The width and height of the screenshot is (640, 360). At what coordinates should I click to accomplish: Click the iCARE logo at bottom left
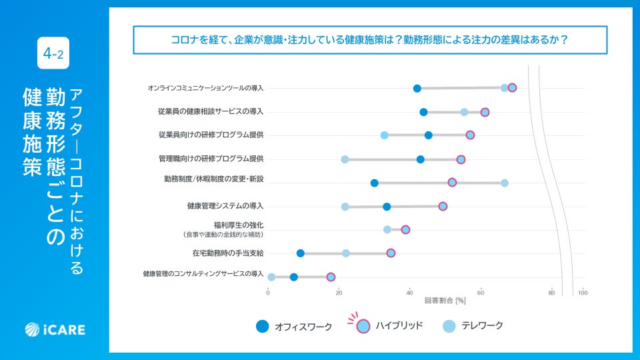[55, 329]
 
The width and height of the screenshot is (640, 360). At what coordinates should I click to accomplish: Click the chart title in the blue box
[370, 39]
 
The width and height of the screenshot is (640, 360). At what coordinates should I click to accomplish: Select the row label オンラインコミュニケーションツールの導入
[205, 88]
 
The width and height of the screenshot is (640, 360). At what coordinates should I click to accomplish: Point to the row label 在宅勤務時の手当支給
[227, 253]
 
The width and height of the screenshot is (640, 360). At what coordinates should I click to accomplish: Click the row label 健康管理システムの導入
[225, 206]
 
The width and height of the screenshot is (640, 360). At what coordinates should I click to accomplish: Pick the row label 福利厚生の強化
[238, 225]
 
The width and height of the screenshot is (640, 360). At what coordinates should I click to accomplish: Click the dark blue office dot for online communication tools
[417, 89]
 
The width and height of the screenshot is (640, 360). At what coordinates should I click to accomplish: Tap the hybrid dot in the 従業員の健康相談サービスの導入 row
[485, 112]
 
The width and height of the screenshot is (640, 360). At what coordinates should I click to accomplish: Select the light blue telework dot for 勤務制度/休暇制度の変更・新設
[505, 183]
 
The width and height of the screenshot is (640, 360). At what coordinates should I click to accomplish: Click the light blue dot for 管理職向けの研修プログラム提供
[345, 159]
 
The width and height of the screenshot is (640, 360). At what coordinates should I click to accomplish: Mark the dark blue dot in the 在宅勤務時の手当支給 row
[301, 253]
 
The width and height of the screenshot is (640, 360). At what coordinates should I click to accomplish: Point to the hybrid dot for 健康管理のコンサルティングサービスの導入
[331, 277]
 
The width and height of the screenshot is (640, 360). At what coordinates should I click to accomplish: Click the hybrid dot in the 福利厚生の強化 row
[405, 229]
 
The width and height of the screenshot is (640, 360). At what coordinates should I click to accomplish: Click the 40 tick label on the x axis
[409, 293]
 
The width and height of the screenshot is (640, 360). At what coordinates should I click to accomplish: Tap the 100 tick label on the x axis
[583, 293]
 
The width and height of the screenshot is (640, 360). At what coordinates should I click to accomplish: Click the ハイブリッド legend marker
[363, 326]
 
